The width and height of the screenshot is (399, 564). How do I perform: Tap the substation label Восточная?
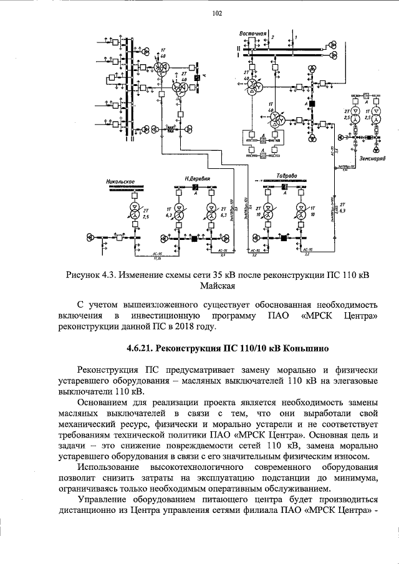tap(252, 32)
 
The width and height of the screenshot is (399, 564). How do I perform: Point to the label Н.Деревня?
tap(196, 178)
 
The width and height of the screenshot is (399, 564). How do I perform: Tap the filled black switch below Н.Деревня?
tap(195, 239)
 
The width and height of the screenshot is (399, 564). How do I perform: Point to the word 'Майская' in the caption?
tap(218, 287)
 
